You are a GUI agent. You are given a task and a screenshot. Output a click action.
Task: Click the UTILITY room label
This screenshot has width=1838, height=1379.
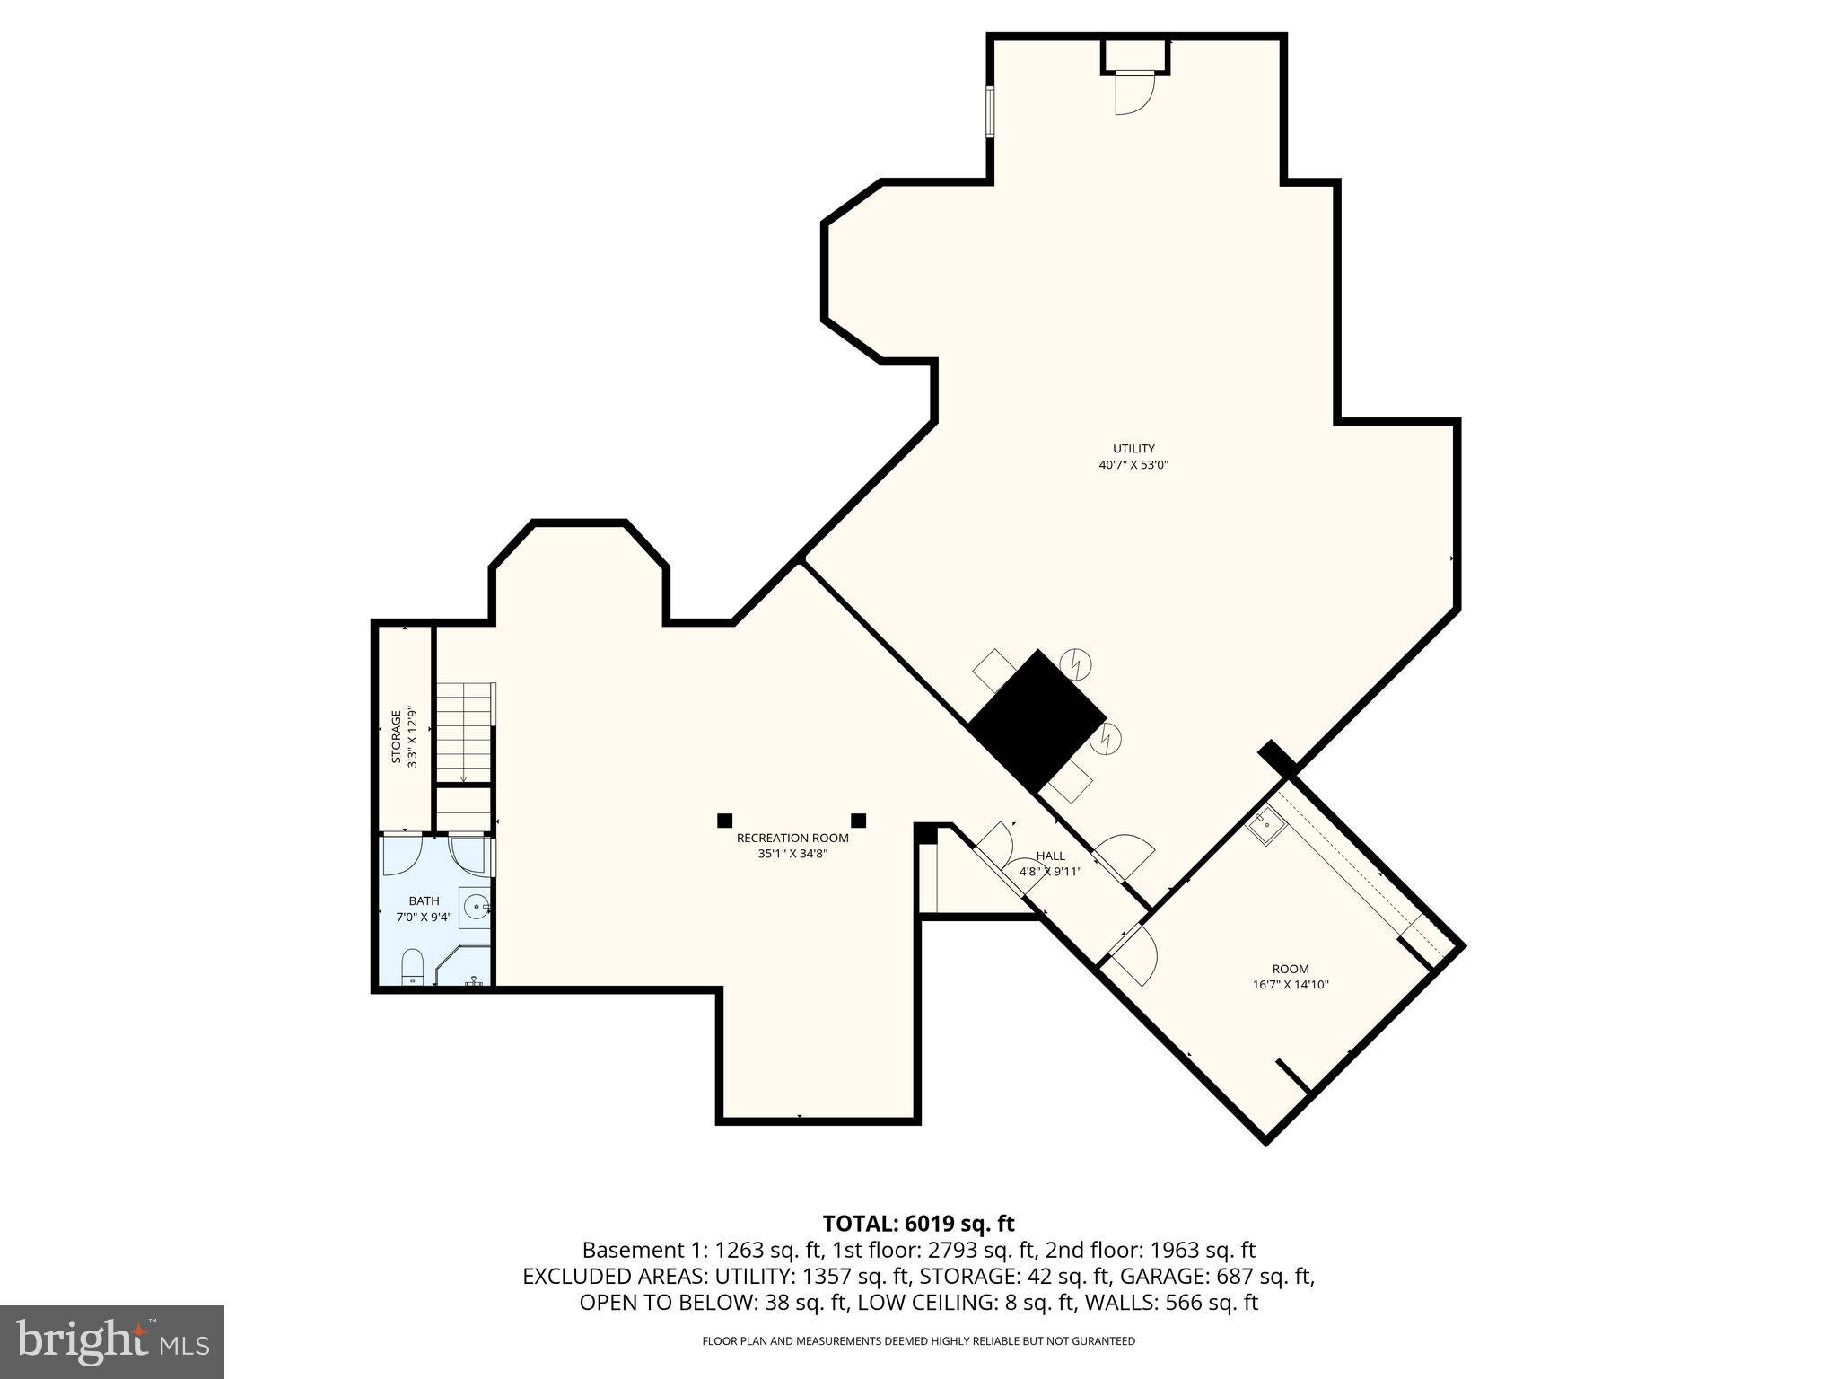click(1133, 449)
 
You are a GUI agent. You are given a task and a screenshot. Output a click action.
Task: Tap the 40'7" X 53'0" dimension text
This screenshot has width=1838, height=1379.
click(1133, 465)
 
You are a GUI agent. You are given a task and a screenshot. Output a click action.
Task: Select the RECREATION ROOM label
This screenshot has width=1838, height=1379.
click(792, 839)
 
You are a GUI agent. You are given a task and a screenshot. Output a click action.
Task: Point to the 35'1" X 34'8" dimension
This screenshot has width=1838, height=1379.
click(792, 855)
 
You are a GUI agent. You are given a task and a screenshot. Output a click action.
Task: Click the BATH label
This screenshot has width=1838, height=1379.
click(424, 901)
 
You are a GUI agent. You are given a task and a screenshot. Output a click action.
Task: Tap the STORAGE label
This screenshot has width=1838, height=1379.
click(396, 737)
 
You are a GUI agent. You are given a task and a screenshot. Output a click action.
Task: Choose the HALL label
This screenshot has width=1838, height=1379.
click(1050, 856)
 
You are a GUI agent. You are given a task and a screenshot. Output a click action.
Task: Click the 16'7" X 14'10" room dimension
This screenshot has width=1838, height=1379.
click(1291, 985)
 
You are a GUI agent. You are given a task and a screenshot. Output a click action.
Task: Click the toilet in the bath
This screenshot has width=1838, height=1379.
click(412, 966)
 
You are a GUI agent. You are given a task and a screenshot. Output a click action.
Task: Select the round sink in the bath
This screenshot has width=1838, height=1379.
click(476, 907)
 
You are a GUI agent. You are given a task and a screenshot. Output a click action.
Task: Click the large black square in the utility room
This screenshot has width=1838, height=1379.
click(1038, 721)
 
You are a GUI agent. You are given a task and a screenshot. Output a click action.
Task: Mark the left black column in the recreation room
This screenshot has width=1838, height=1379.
click(724, 820)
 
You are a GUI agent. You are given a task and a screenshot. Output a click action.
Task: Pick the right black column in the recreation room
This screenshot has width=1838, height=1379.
click(858, 820)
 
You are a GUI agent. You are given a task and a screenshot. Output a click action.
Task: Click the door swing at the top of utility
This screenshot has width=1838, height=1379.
click(1133, 93)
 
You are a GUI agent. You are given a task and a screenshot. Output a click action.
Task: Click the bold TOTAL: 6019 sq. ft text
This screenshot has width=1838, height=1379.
click(918, 1224)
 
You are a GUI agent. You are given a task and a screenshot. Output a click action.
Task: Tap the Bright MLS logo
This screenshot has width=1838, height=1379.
click(112, 1342)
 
